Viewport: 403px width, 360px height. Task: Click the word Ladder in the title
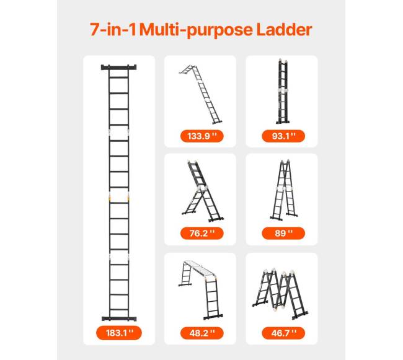(x=284, y=30)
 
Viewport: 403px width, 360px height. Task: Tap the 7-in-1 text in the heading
(x=113, y=30)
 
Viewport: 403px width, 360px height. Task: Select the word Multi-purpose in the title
(x=197, y=30)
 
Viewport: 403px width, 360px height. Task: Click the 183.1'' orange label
(x=119, y=333)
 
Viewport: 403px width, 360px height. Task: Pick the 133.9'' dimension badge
(x=202, y=136)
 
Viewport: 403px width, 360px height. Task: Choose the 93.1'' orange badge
(x=283, y=136)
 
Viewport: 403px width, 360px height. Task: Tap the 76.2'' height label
(x=202, y=233)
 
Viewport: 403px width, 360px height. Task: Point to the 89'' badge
(x=283, y=233)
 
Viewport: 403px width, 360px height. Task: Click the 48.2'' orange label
(x=202, y=333)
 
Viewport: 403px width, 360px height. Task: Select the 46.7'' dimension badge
(x=283, y=333)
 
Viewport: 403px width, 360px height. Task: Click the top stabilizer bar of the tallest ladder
(x=119, y=68)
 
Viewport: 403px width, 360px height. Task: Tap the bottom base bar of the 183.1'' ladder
(x=119, y=318)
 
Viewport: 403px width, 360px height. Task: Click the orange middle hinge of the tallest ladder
(x=119, y=198)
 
